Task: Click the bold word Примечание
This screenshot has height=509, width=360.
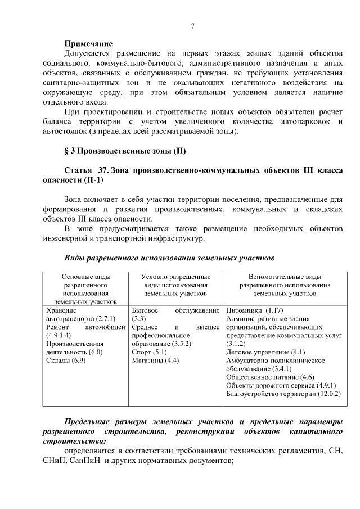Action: (88, 44)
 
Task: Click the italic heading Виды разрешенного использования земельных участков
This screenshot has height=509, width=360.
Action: (169, 259)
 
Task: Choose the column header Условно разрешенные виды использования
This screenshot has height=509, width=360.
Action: (175, 285)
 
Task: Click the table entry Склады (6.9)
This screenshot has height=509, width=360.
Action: (66, 361)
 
